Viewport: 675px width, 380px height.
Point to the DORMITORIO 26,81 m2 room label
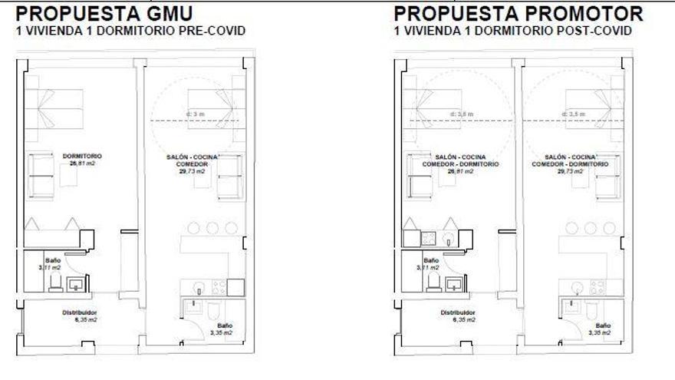click(x=82, y=159)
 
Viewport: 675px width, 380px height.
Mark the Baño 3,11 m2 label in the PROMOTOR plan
click(x=431, y=264)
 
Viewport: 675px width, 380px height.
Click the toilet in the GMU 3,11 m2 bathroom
click(x=55, y=283)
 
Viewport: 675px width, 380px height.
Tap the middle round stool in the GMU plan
click(x=212, y=228)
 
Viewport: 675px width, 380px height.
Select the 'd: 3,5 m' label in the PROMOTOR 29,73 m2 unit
click(x=575, y=114)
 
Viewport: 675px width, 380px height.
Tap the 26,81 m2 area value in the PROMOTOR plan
click(x=460, y=171)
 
